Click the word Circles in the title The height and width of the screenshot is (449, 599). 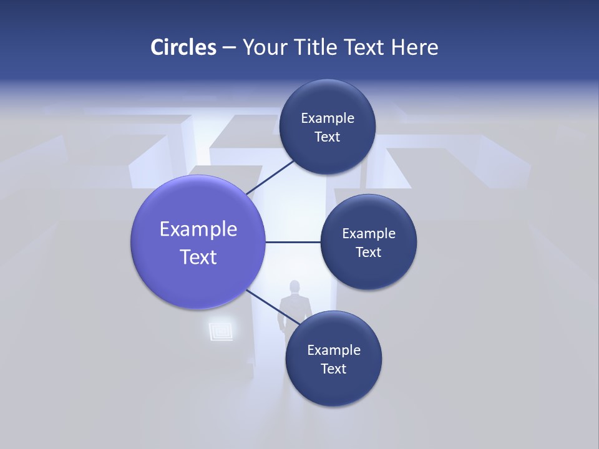click(183, 47)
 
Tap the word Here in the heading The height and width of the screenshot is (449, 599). click(415, 47)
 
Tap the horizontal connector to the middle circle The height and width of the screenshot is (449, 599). click(293, 242)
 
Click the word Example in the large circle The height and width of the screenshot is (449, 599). click(198, 229)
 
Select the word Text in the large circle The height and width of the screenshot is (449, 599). click(198, 257)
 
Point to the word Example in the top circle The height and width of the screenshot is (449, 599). click(328, 118)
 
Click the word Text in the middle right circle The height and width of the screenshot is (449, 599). click(368, 252)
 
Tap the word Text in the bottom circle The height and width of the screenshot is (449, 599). click(333, 369)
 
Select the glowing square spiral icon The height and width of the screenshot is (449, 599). click(220, 330)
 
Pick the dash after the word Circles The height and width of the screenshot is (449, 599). click(229, 48)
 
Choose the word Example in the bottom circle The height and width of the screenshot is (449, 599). click(334, 350)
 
